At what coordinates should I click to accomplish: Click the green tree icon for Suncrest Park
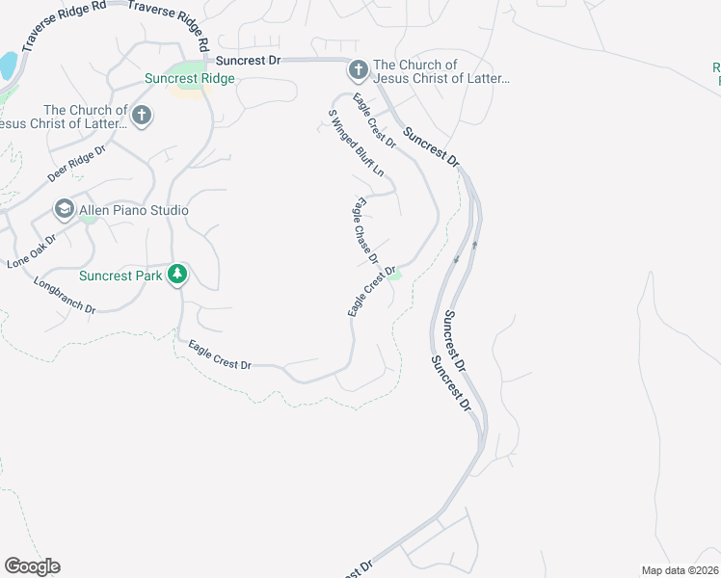click(177, 276)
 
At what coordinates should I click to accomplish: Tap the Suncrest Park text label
click(120, 276)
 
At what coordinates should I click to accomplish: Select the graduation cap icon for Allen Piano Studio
click(65, 210)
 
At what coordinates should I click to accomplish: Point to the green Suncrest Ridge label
click(189, 79)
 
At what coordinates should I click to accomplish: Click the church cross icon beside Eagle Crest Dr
click(358, 70)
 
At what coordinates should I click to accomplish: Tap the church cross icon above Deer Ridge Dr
click(142, 117)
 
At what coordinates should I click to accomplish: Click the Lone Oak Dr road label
click(33, 250)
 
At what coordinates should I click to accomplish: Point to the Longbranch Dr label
click(65, 296)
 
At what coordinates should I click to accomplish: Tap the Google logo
click(32, 566)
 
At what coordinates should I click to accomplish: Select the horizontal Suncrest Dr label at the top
click(248, 60)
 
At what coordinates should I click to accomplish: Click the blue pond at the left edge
click(8, 66)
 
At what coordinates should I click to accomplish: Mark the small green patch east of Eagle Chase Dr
click(395, 277)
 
